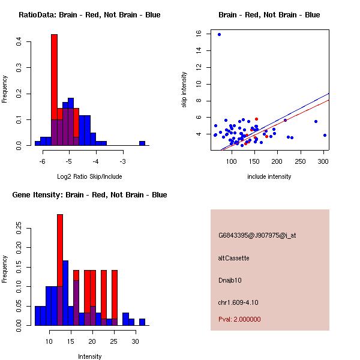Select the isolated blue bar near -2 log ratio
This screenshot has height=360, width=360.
tap(142, 143)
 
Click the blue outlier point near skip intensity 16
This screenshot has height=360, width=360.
tap(219, 34)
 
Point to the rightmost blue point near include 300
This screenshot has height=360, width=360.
tap(325, 135)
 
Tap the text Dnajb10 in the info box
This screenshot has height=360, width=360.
tap(230, 280)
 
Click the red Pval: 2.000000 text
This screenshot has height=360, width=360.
tap(239, 319)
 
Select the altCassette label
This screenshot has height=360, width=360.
tap(234, 258)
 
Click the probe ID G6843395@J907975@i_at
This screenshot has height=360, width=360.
tap(257, 235)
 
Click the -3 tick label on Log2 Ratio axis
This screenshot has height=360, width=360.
tap(122, 162)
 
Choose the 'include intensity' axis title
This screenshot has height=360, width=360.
tap(269, 176)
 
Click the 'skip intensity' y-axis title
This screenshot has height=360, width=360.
tap(184, 90)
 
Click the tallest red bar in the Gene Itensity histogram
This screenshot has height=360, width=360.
tap(60, 270)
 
